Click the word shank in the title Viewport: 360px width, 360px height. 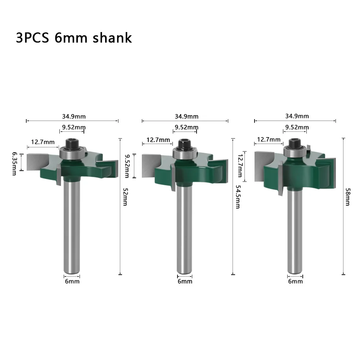(x=112, y=38)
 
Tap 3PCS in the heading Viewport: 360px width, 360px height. (x=32, y=38)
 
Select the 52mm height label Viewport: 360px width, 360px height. (x=125, y=197)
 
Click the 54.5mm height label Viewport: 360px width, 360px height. (x=238, y=197)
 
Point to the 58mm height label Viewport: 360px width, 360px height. (x=348, y=197)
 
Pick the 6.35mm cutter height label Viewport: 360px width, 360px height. (x=14, y=163)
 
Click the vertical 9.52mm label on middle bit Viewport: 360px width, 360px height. (x=127, y=166)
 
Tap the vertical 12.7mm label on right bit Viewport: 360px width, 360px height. (x=240, y=166)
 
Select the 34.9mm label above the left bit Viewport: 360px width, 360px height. (x=74, y=116)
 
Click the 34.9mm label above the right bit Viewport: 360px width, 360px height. (x=297, y=116)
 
